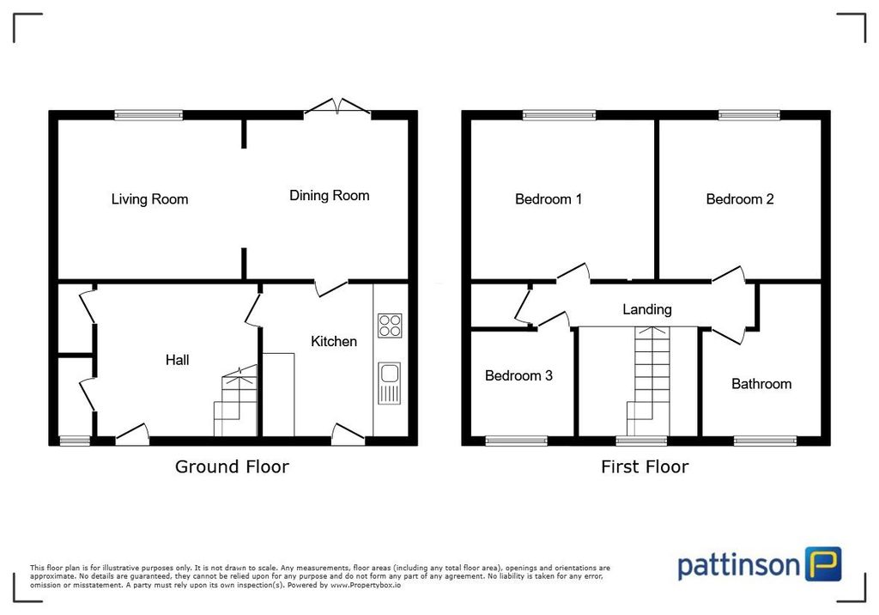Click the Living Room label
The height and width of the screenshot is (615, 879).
click(x=149, y=199)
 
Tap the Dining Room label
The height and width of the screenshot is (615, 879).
click(x=329, y=196)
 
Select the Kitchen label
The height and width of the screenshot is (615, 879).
click(x=333, y=342)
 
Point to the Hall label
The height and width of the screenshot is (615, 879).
click(x=178, y=361)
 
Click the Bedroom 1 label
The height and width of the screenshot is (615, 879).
click(x=549, y=199)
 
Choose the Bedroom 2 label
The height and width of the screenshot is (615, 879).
click(x=740, y=199)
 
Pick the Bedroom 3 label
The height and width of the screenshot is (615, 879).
click(x=518, y=375)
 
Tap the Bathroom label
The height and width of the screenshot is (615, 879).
click(x=761, y=384)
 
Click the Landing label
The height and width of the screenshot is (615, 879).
click(x=647, y=309)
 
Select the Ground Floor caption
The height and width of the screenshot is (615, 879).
click(x=232, y=467)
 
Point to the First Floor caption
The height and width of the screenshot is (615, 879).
click(x=645, y=467)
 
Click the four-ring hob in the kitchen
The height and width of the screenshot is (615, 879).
click(x=390, y=326)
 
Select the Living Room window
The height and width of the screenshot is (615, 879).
click(x=149, y=114)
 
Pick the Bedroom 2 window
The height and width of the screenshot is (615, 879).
click(x=749, y=114)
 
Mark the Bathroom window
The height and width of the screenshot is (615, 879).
click(x=765, y=441)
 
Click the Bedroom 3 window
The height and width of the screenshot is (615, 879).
click(x=516, y=441)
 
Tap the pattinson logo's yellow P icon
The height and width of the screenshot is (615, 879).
click(x=823, y=564)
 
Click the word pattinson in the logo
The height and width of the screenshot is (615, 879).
click(x=739, y=566)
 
